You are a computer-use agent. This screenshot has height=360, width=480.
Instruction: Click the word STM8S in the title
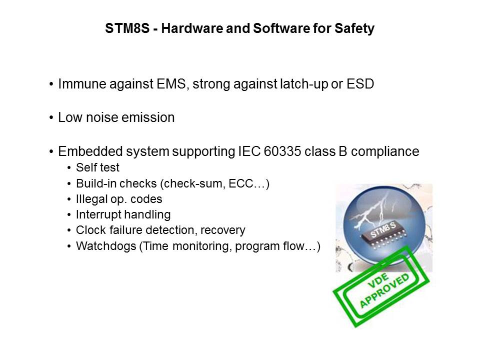click(x=127, y=28)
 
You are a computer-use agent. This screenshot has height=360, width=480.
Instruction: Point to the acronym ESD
click(x=360, y=84)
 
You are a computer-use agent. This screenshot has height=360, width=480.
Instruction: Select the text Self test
click(x=97, y=167)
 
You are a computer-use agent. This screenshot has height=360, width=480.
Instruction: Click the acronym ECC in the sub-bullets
click(x=240, y=183)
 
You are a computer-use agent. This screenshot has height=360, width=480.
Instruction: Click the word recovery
click(x=223, y=230)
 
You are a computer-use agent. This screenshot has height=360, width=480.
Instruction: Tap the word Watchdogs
click(x=106, y=246)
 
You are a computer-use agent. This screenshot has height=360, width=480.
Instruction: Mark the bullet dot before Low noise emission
click(x=51, y=118)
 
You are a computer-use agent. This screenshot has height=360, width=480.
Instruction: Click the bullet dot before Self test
click(x=69, y=168)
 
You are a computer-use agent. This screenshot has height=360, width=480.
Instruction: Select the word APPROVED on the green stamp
click(x=385, y=290)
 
